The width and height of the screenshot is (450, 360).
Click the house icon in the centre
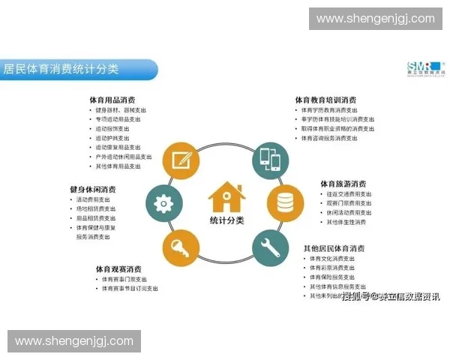tap(226, 197)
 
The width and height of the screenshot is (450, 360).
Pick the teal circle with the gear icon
tap(163, 203)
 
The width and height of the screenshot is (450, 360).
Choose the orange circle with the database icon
tap(285, 203)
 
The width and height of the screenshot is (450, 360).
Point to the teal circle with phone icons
tap(269, 160)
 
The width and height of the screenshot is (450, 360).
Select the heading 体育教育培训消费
tap(325, 100)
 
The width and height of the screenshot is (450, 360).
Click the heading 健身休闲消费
tap(93, 190)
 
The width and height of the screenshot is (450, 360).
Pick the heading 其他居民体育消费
tap(334, 248)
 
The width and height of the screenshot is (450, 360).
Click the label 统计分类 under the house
tap(226, 220)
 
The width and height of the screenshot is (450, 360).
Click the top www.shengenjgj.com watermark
tap(375, 19)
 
